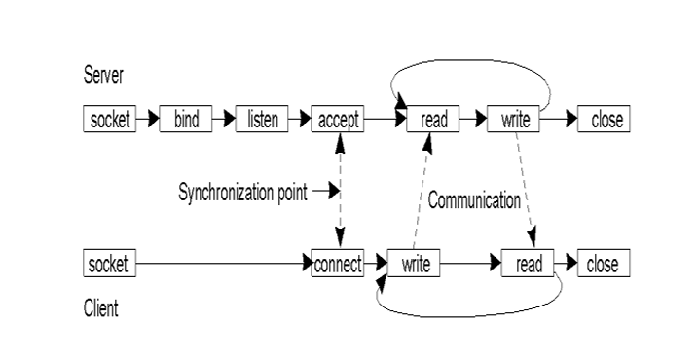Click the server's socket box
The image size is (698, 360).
109,120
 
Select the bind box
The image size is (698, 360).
185,120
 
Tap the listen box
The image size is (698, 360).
262,120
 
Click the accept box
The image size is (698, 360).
338,120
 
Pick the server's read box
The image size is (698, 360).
433,120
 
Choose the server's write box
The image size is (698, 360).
513,120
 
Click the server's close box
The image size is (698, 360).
604,120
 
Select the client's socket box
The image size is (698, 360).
109,264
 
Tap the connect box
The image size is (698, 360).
338,264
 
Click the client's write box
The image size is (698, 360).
415,264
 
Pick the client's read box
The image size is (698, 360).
528,264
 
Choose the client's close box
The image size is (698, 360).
604,264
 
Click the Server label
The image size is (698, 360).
104,76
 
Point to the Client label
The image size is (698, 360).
101,308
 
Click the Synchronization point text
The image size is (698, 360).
241,192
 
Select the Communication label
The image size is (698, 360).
475,200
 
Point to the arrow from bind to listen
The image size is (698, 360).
224,120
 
